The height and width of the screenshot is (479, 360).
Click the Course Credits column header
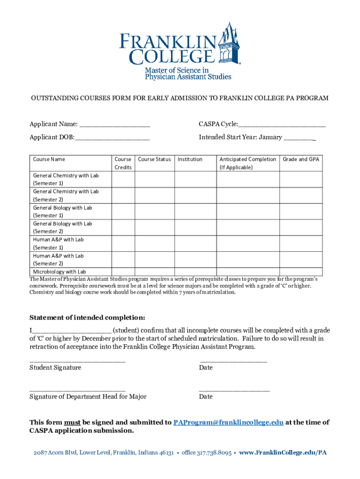coord(123,163)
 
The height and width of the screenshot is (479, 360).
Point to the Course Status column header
coord(154,160)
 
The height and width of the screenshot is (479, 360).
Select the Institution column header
coord(190,160)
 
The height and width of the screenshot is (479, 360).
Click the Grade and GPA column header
coord(301,160)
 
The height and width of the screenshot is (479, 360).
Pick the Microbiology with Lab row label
coord(59,272)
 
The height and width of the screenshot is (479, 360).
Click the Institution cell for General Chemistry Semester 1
coord(195,179)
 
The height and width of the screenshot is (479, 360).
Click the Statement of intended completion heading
coord(87,318)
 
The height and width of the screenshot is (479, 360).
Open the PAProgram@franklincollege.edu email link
coord(228,422)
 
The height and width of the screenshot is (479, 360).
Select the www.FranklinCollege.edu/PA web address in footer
coord(283,453)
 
